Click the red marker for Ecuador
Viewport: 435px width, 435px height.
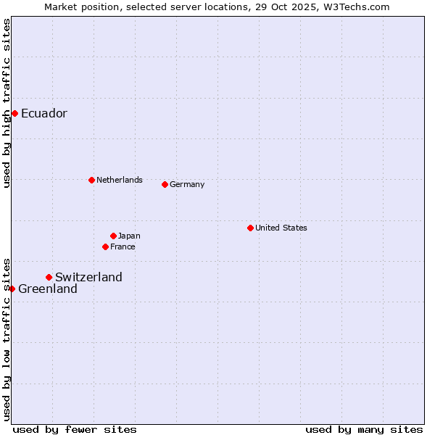coord(14,113)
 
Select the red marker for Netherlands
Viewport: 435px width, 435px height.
coord(91,180)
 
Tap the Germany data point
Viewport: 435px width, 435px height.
coord(165,184)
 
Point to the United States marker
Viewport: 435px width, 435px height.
coord(250,228)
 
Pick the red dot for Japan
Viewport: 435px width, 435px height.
coord(113,236)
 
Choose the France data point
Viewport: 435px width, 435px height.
coord(105,246)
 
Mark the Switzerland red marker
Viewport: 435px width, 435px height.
coord(49,277)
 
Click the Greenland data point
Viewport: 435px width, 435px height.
coord(12,289)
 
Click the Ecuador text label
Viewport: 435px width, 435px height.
coord(43,113)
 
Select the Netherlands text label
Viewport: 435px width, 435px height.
coord(119,180)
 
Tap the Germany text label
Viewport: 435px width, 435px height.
coord(187,184)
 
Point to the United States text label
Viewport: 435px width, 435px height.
coord(281,228)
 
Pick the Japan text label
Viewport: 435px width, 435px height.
coord(129,236)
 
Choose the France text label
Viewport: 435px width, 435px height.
coord(123,246)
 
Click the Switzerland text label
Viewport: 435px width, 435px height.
coord(88,277)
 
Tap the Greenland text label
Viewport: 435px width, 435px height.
coord(47,289)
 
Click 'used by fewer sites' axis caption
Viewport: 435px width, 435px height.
coord(75,429)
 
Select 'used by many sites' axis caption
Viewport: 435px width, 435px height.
coord(364,429)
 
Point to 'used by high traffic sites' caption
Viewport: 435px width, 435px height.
coord(7,103)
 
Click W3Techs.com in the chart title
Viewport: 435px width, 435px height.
coord(355,7)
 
